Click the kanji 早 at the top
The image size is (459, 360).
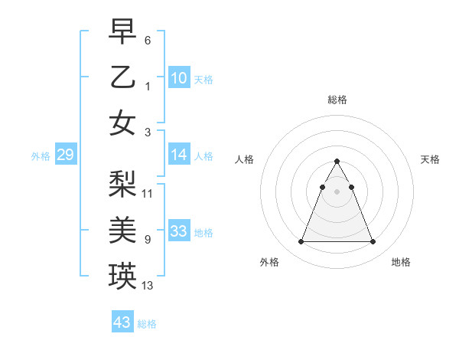[123, 32]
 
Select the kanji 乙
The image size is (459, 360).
[123, 77]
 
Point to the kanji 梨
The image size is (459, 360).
[123, 184]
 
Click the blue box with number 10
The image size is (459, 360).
[179, 78]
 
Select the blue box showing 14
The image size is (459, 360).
[179, 155]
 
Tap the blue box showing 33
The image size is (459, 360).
[179, 231]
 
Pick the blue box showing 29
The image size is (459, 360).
[65, 155]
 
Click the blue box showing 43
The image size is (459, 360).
[122, 322]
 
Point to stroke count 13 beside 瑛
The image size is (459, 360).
[148, 286]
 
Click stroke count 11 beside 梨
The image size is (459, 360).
[148, 193]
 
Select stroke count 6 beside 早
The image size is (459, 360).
[147, 40]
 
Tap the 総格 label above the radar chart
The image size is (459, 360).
[337, 100]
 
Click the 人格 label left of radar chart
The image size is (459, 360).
[245, 159]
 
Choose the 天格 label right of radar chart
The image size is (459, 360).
[430, 159]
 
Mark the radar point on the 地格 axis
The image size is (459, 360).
[373, 242]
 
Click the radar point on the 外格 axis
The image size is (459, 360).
[301, 242]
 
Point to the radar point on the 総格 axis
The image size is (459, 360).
[337, 161]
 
